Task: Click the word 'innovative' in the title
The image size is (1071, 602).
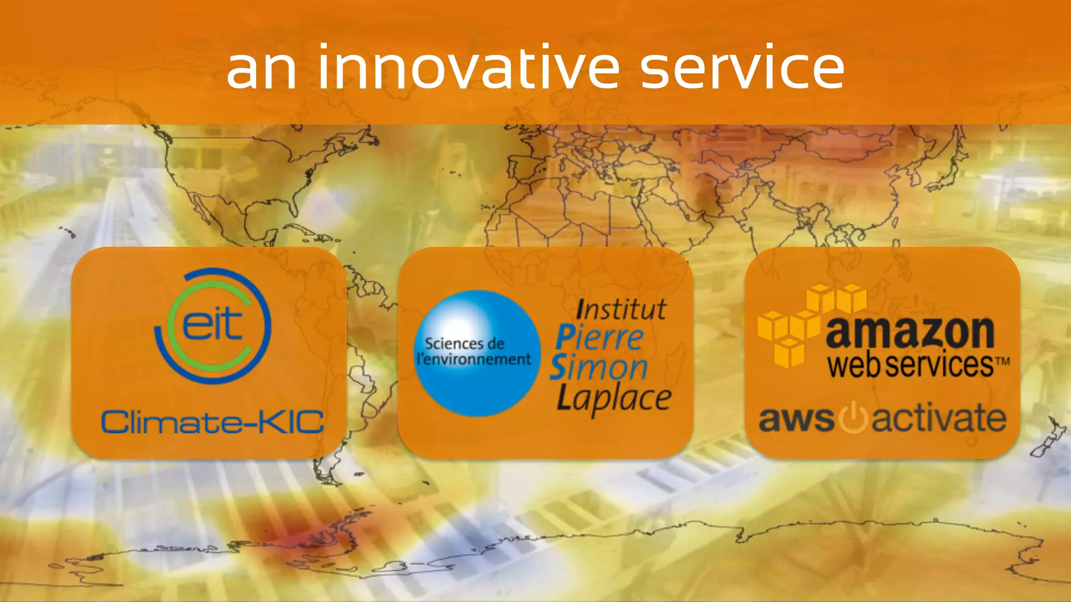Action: click(x=469, y=68)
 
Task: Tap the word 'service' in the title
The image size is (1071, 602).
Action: click(x=742, y=68)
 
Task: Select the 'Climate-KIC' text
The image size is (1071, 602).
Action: click(x=212, y=422)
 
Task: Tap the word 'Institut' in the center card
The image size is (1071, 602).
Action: click(x=621, y=309)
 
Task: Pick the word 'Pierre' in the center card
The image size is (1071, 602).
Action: click(x=599, y=338)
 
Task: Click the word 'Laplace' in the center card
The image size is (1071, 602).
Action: click(x=614, y=399)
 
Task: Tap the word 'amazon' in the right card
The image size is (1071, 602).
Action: click(x=910, y=332)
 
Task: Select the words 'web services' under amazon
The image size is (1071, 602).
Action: click(x=910, y=364)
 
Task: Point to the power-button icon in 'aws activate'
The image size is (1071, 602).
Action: click(x=853, y=419)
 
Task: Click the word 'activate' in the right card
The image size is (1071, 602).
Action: click(x=939, y=419)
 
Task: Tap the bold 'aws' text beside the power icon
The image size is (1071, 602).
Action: click(x=796, y=420)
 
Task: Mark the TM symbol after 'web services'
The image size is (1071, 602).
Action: click(x=1002, y=361)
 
